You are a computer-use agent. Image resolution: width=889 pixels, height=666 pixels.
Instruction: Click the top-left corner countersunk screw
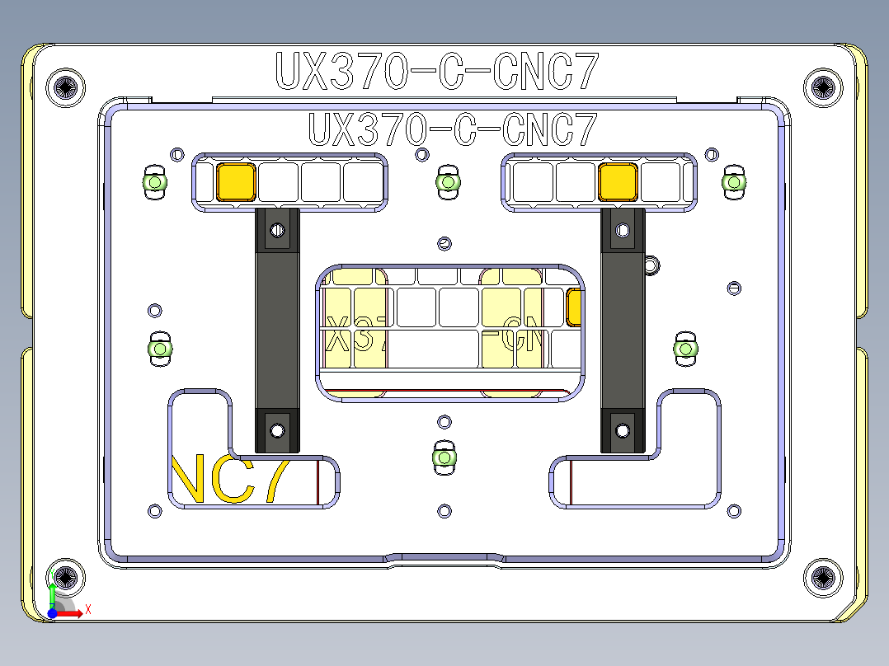coord(67,87)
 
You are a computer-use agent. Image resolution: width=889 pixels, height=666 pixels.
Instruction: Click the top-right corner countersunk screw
coord(823,87)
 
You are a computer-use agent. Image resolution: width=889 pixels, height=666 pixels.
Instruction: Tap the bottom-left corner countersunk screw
coord(67,578)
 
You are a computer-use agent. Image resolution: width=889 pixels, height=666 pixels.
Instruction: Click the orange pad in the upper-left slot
coord(236,181)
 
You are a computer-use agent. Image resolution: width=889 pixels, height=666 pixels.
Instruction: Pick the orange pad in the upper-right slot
coord(618,181)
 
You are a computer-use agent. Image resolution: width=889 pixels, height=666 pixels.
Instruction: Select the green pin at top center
coord(448,182)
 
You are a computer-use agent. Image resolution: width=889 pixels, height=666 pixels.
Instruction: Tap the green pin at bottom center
coord(444,457)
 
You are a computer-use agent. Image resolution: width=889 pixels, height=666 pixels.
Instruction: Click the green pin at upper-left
coord(154,182)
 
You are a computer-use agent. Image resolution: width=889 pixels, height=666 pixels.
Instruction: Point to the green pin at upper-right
coord(733,182)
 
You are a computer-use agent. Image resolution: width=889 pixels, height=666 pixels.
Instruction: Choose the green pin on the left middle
coord(159,349)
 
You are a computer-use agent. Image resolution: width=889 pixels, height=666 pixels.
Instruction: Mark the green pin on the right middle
coord(686,349)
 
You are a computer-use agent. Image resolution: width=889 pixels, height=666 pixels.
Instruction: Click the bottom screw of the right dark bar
coord(623,429)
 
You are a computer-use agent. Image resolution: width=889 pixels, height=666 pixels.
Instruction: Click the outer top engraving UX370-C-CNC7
coord(436,72)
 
